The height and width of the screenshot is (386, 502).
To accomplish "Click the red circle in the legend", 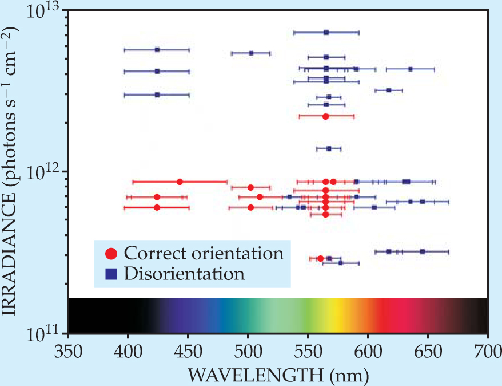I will click(x=112, y=253).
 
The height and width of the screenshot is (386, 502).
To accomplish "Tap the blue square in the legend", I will click(x=112, y=273).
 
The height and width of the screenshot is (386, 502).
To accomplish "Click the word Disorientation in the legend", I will click(x=184, y=273).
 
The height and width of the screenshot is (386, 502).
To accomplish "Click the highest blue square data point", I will click(x=326, y=33).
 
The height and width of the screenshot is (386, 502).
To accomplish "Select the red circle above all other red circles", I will click(x=325, y=116).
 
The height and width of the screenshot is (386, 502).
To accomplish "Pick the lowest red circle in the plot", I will click(x=320, y=258).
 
